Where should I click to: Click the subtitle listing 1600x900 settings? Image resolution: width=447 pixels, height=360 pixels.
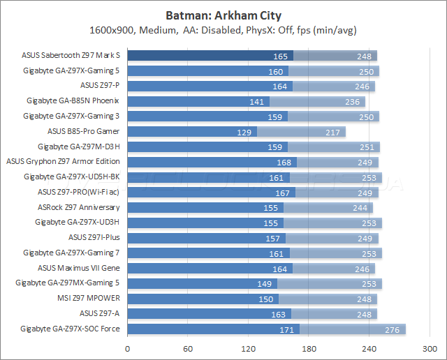223,30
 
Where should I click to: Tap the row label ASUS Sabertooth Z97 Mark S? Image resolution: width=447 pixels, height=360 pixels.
71,56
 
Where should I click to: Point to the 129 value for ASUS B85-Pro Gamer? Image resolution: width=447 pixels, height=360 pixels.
244,132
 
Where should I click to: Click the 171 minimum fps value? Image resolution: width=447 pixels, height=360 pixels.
286,329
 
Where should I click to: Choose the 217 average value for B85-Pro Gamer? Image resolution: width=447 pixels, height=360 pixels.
332,132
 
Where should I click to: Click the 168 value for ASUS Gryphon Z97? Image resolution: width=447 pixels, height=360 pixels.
284,162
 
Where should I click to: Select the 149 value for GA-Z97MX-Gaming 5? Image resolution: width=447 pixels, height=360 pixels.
264,283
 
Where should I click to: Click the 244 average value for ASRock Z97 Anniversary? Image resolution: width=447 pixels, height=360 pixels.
360,207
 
